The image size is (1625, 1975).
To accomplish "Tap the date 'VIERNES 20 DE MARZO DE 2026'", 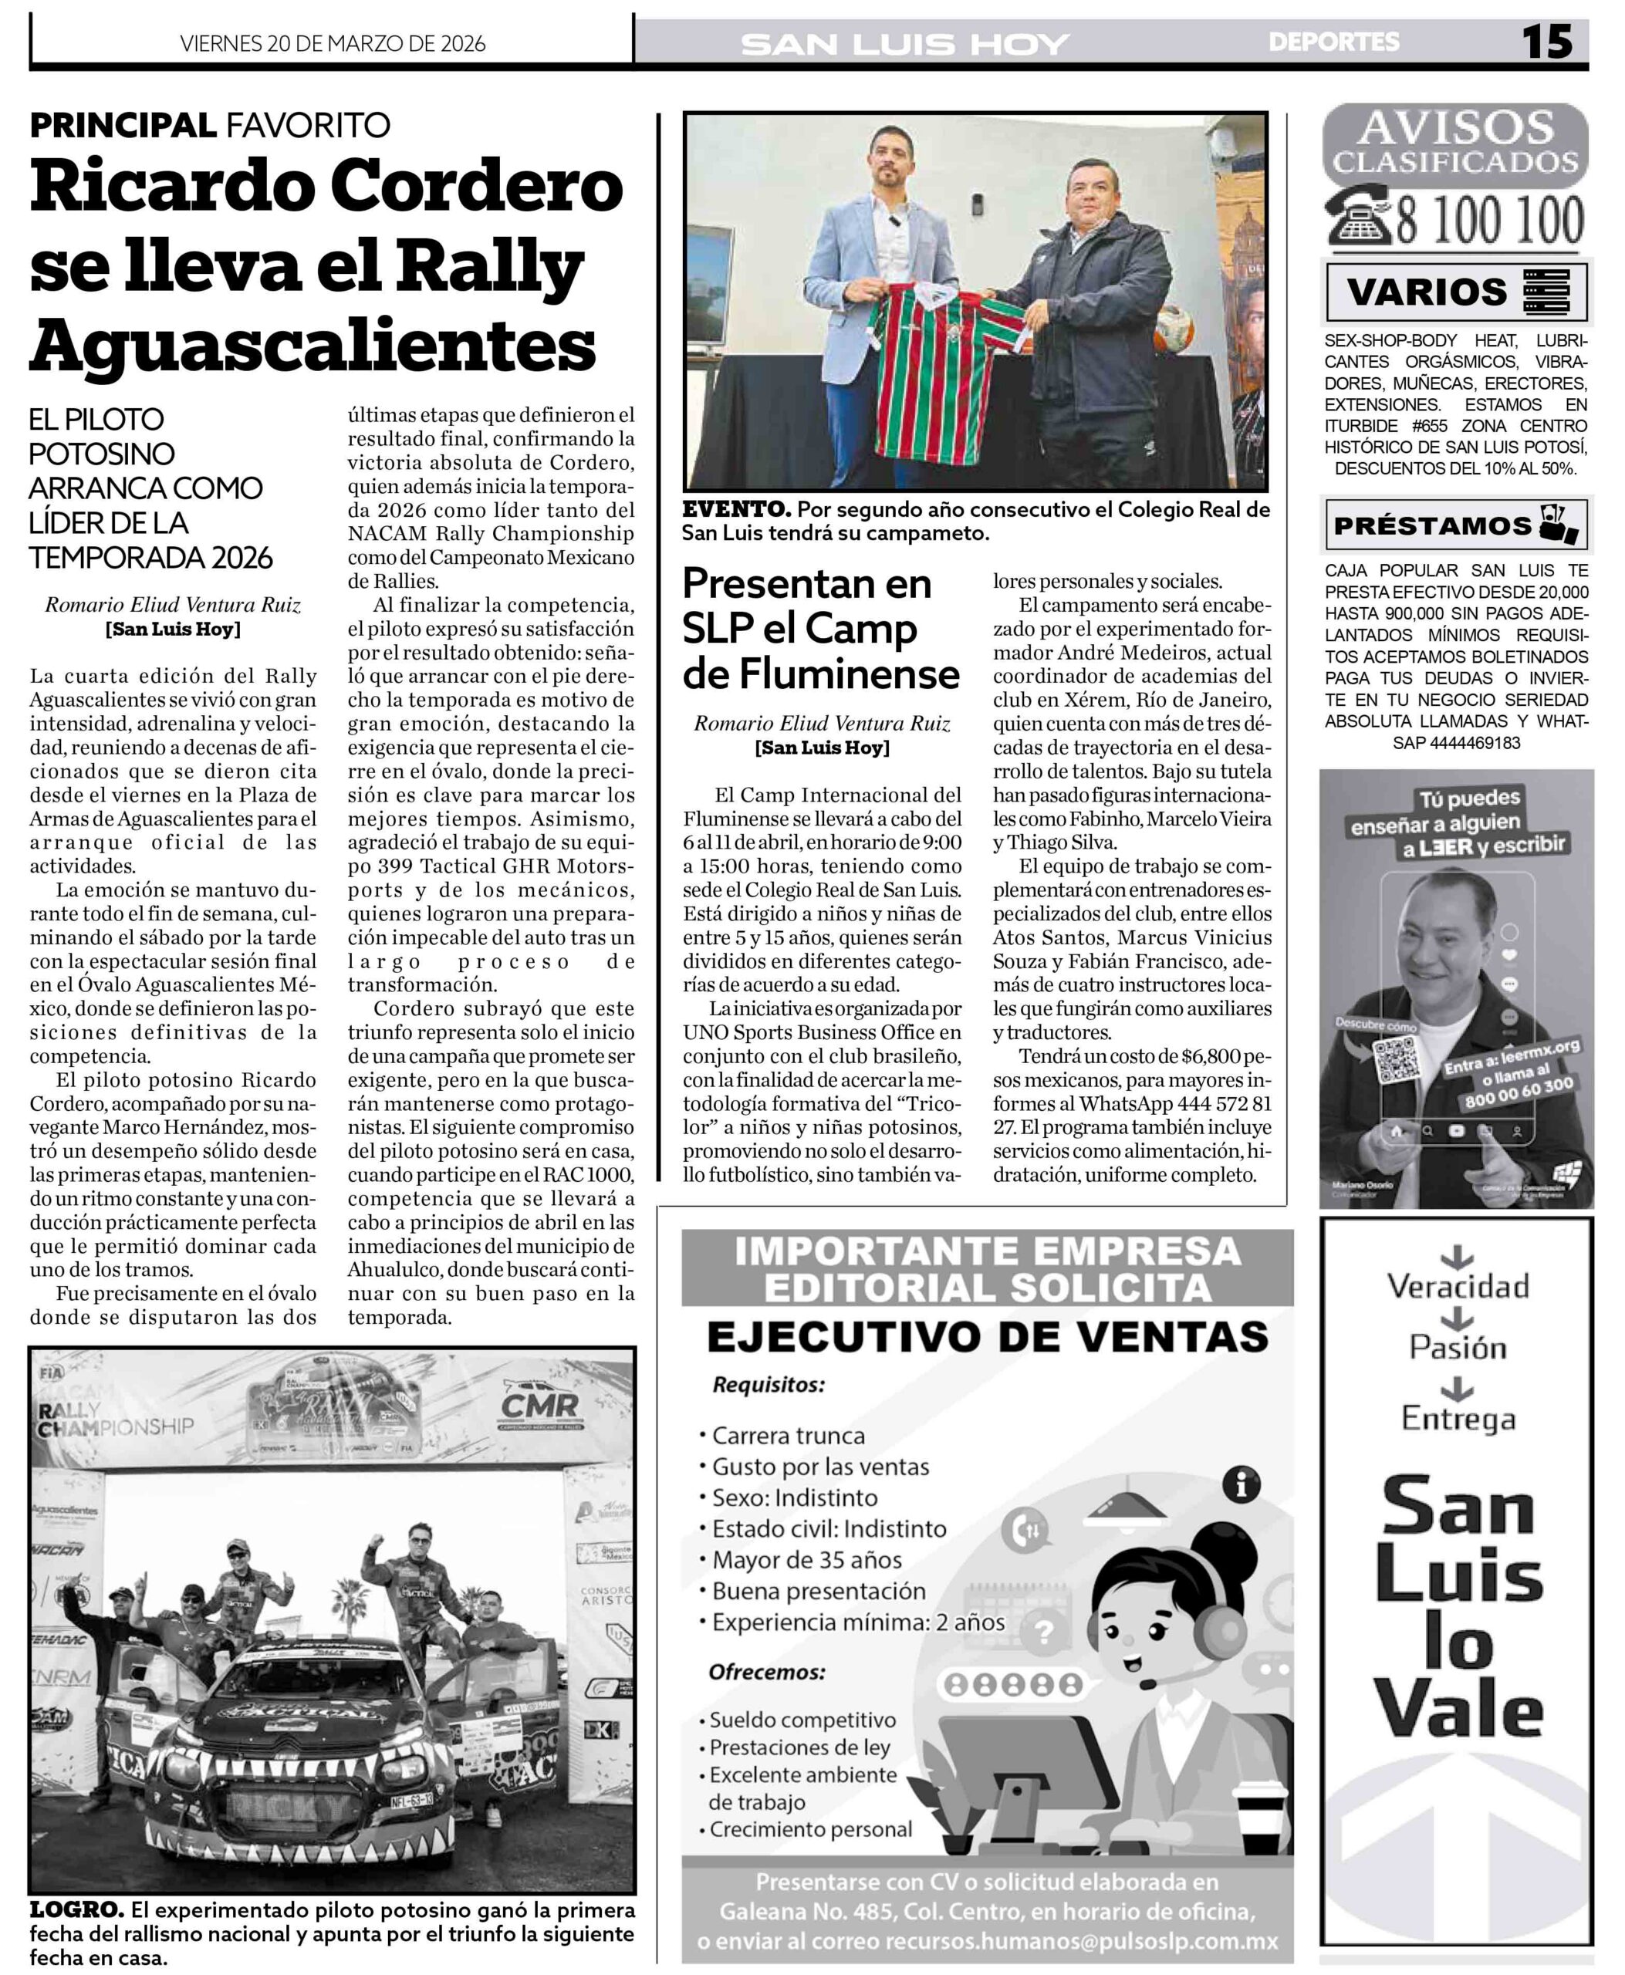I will point(333,43).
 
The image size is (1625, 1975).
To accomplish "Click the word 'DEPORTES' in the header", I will point(1334,42).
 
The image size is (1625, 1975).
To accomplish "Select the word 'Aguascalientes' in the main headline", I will point(312,344).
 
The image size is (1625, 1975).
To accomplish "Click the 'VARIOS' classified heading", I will point(1427,292).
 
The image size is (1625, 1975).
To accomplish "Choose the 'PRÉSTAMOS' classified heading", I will point(1432,525).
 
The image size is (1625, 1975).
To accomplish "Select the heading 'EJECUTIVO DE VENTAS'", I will point(987,1337).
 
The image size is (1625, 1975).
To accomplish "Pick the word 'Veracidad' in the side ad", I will point(1458,1286).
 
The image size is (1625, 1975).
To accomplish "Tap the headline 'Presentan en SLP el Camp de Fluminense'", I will point(820,628).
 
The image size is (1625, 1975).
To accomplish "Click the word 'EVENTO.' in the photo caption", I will point(736,510).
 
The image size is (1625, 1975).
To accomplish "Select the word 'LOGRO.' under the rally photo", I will point(76,1909).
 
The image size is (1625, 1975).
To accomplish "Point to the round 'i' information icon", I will point(1242,1484).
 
